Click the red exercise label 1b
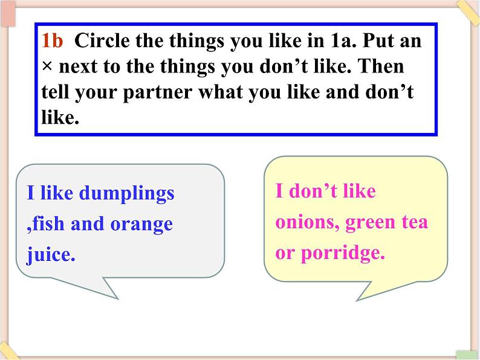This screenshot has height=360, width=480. click(x=52, y=40)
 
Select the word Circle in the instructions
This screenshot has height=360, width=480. click(x=102, y=40)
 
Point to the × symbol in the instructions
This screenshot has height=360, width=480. click(x=47, y=66)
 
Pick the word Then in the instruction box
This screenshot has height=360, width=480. click(x=381, y=66)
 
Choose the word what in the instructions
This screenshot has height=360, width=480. click(x=221, y=92)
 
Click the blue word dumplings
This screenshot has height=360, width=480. click(x=126, y=194)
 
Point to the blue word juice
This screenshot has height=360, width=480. click(x=51, y=255)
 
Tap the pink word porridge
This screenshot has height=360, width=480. click(x=343, y=254)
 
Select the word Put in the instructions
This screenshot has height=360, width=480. click(x=378, y=40)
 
